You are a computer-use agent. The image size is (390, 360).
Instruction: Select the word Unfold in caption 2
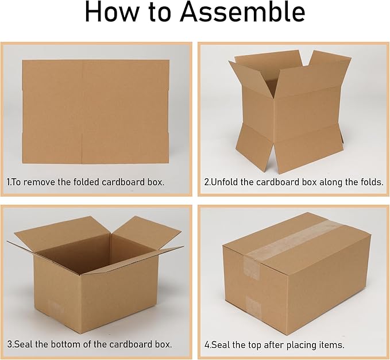(226, 182)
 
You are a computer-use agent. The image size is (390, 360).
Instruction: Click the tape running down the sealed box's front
(252, 288)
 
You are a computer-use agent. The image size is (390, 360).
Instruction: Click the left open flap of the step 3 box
(40, 239)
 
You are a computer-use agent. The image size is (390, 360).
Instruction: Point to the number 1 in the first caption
(8, 182)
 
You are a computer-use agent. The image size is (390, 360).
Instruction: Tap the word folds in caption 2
(370, 182)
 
